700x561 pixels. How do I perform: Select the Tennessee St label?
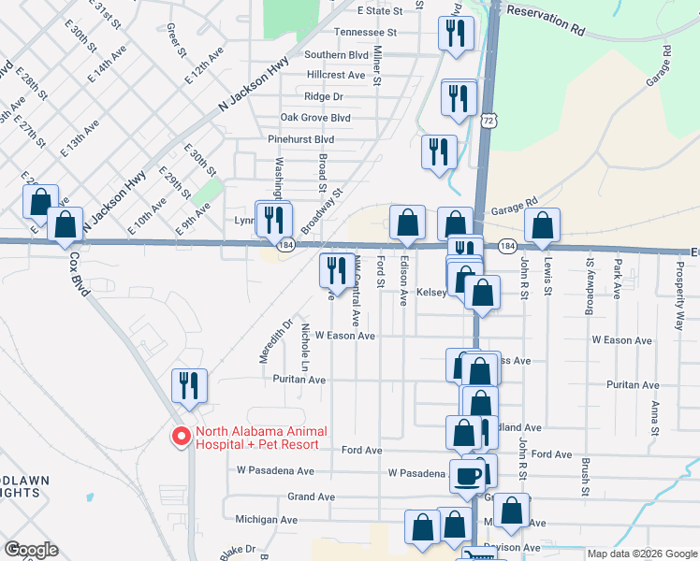(366, 32)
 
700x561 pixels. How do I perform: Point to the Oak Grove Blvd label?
(315, 118)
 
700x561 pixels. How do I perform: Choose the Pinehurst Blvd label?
(300, 139)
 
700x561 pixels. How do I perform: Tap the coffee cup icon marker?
(468, 474)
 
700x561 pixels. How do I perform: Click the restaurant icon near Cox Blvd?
(189, 384)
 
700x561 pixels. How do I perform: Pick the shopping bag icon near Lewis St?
(542, 224)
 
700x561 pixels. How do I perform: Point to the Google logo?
(31, 550)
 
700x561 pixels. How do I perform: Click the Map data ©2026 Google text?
(642, 554)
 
